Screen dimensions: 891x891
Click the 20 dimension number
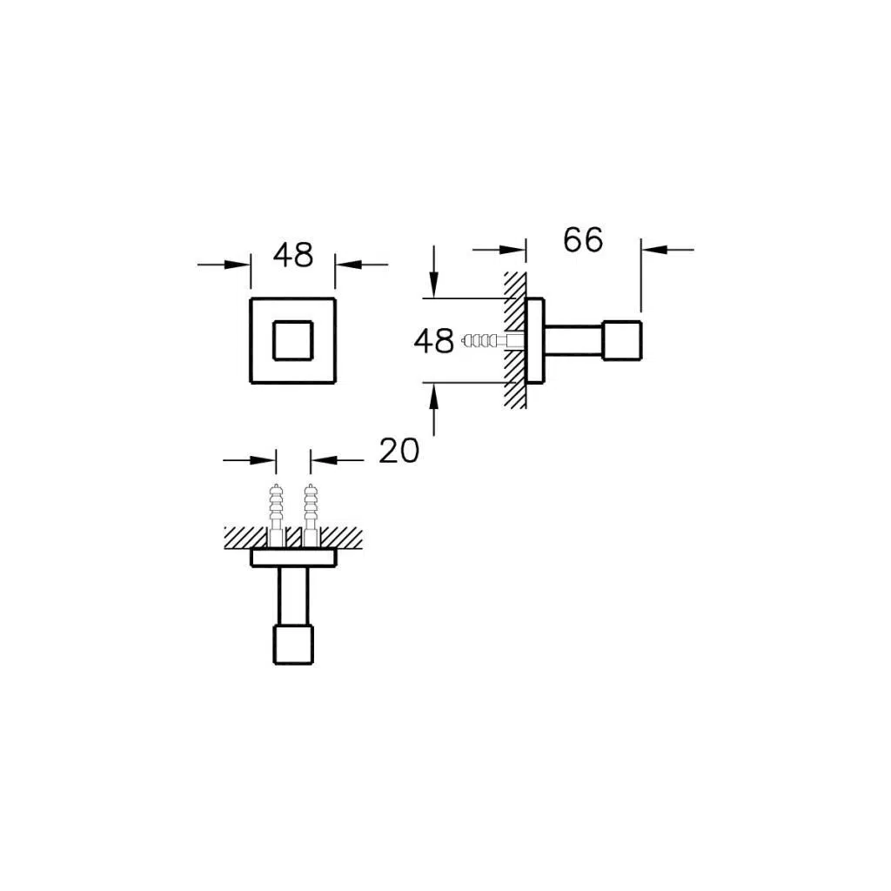[399, 450]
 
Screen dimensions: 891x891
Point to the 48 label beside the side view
[434, 341]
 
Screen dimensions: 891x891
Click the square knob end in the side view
[622, 340]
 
